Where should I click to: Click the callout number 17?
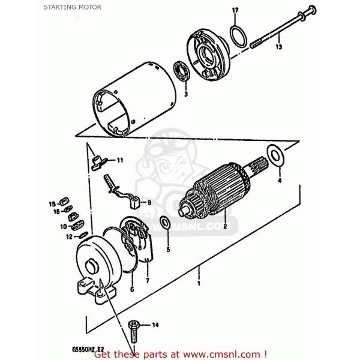click(235, 10)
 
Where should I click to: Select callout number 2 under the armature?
click(224, 227)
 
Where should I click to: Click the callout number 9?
click(149, 202)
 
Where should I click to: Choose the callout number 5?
click(168, 248)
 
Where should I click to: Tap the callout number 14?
click(155, 326)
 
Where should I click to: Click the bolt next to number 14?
click(133, 327)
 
